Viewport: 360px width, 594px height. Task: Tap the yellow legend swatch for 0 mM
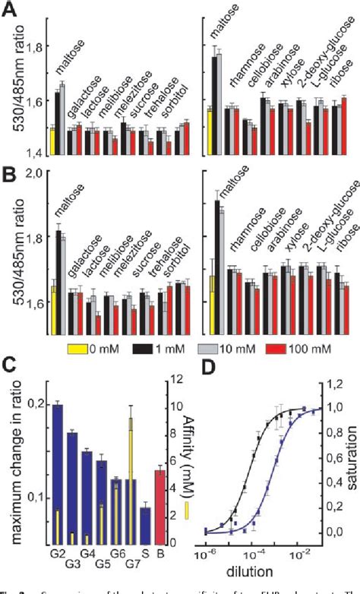click(x=80, y=349)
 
